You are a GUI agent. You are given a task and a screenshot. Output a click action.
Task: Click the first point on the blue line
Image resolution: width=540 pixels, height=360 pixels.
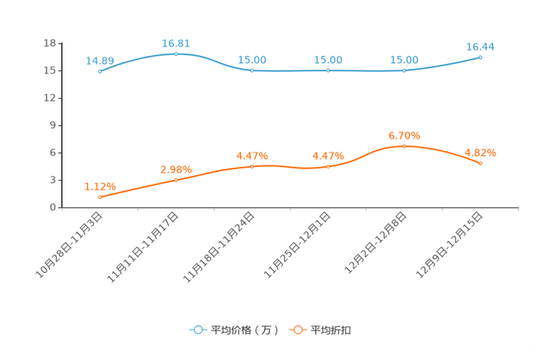99,71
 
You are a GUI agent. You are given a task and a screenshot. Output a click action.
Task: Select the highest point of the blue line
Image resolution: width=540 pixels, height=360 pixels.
176,54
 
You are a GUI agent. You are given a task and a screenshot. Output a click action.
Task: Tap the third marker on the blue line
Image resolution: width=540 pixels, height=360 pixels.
252,70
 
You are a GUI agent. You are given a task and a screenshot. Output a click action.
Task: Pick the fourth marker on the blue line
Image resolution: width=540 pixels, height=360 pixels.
328,70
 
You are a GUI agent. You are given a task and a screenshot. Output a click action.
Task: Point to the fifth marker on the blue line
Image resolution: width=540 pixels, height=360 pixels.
404,70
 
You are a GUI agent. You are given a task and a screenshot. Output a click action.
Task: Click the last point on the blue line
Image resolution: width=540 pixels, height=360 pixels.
480,57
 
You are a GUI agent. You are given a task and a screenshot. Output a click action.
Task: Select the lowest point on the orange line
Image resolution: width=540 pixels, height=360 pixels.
99,197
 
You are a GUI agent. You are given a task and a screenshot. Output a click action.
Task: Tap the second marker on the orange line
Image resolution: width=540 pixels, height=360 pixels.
176,179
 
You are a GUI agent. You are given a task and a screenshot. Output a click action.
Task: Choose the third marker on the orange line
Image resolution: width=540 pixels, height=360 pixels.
252,166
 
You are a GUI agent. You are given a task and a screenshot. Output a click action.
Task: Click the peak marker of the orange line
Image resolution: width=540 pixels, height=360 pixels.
404,146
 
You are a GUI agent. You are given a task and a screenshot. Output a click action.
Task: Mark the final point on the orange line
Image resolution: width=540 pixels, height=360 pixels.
480,163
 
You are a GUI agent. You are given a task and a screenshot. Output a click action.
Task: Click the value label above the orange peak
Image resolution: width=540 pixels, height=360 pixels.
404,135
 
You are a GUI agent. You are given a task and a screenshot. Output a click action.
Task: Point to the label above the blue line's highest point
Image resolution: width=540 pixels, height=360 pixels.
176,44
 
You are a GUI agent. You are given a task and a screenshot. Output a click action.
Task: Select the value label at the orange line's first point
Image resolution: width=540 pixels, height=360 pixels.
99,187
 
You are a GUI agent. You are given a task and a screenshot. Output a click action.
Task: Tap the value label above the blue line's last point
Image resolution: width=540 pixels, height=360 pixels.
480,46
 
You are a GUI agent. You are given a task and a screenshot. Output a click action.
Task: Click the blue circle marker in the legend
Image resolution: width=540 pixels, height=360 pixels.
198,330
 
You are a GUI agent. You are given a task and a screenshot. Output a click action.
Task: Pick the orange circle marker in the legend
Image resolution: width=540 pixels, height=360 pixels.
297,330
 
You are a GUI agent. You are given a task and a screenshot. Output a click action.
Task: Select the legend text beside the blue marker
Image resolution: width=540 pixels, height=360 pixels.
244,330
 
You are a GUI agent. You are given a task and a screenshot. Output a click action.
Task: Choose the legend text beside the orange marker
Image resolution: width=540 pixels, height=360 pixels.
331,330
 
